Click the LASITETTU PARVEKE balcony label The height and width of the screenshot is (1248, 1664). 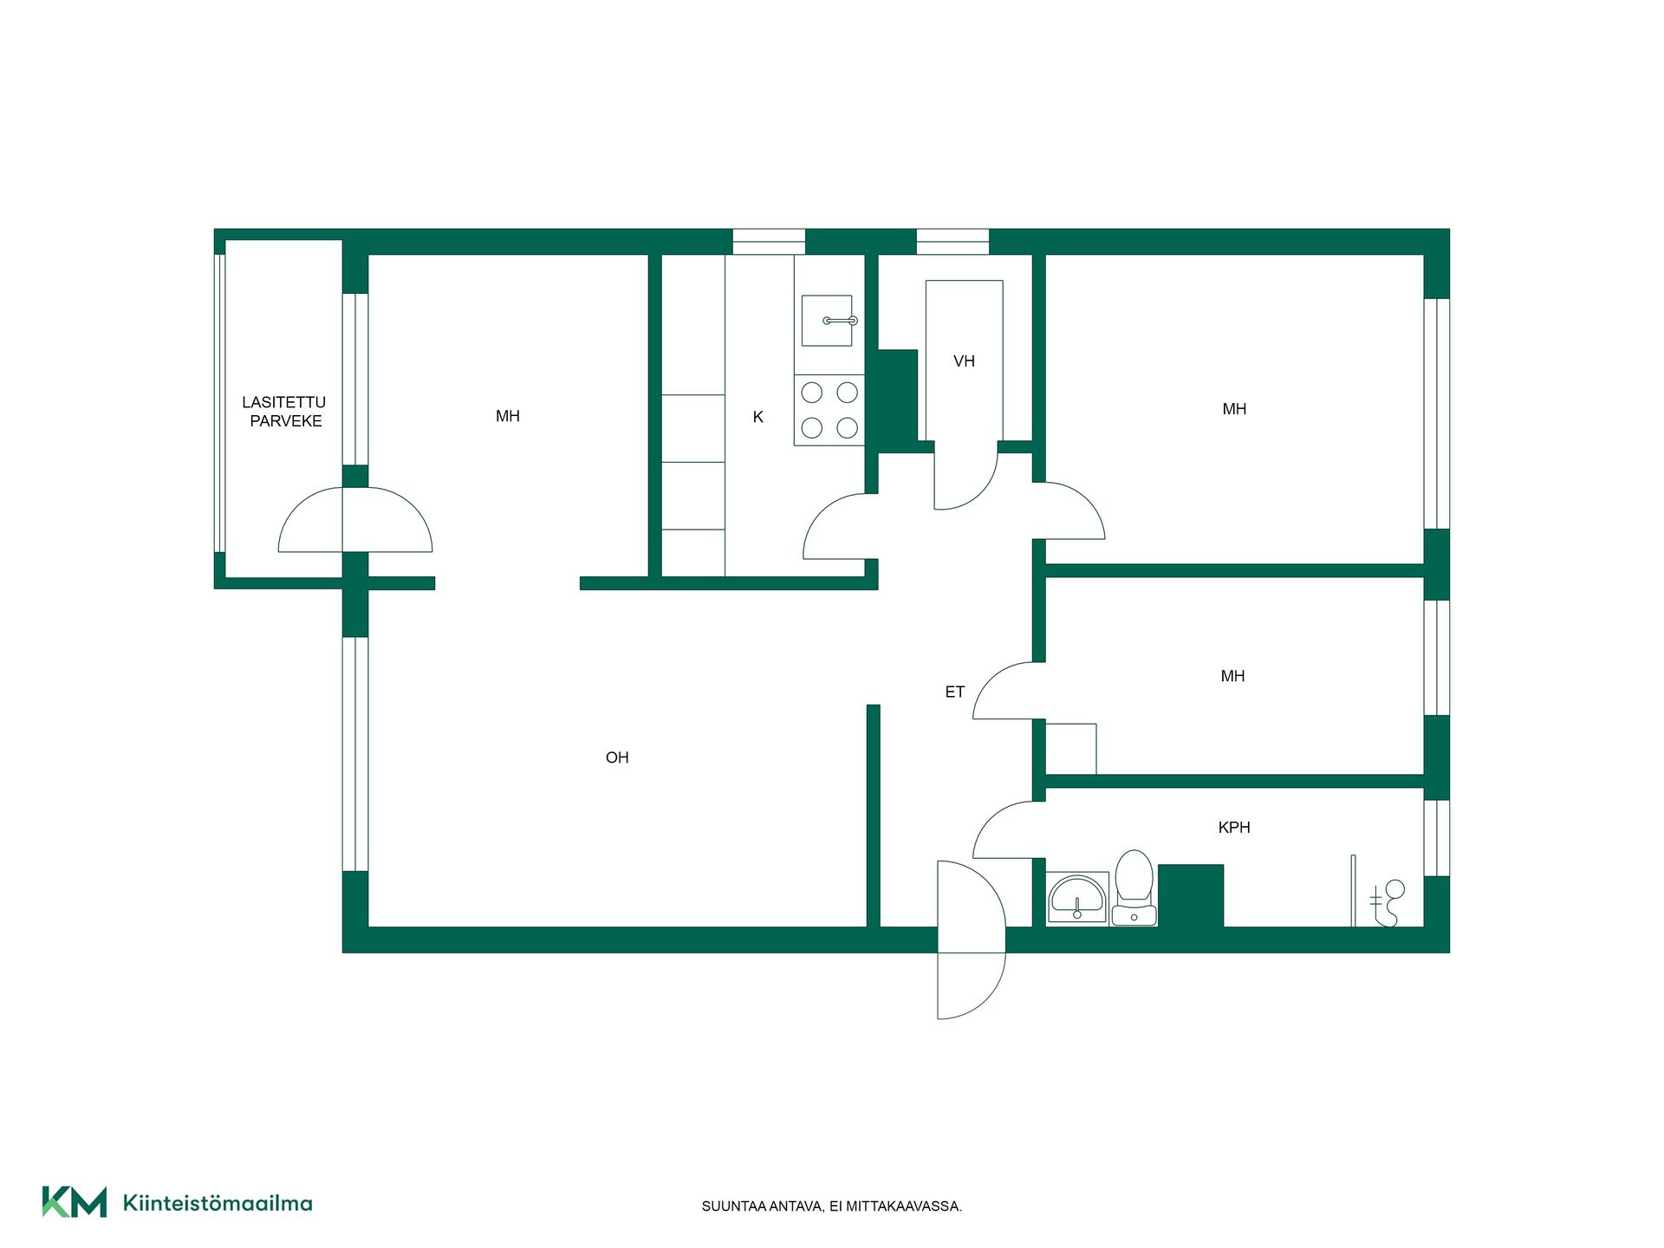[x=284, y=412]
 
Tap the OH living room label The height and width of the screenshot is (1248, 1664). [x=617, y=757]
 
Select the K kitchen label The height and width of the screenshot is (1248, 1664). [x=758, y=417]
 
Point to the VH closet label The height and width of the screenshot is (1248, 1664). [x=964, y=361]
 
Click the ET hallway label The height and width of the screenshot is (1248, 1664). [x=954, y=692]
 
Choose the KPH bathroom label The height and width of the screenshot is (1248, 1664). [x=1234, y=828]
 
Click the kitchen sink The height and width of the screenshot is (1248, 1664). [x=828, y=321]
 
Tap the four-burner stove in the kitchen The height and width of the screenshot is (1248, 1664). [x=829, y=410]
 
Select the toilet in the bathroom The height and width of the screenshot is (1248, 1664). [x=1134, y=887]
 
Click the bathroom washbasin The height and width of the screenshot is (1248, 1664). [x=1077, y=898]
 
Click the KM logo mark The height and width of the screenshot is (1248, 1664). [x=75, y=1202]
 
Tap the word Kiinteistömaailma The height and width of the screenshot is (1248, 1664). [x=218, y=1203]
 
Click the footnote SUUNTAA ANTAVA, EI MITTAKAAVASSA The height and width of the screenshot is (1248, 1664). [x=832, y=1206]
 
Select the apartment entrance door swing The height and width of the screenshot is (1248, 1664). [x=971, y=940]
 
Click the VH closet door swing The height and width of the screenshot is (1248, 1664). [x=966, y=476]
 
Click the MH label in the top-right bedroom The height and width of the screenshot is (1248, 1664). [x=1234, y=409]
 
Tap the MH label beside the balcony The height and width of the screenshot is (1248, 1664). [x=508, y=416]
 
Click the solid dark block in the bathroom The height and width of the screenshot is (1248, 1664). [x=1191, y=896]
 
